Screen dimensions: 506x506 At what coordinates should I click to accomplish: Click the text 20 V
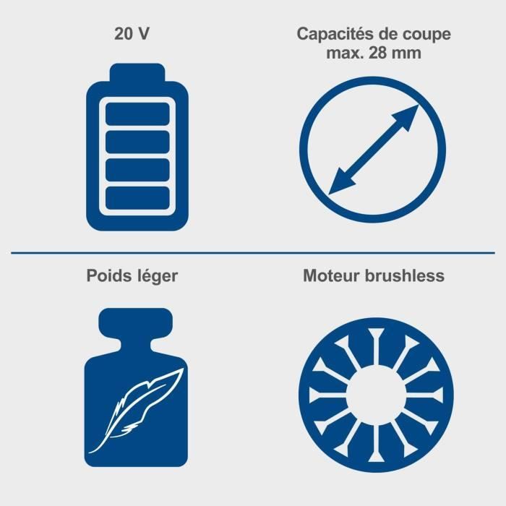(x=132, y=34)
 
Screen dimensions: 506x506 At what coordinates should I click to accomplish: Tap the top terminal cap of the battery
(x=137, y=72)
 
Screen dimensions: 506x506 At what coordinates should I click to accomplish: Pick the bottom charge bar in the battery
(x=137, y=197)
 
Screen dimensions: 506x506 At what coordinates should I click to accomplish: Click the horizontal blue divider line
(x=253, y=253)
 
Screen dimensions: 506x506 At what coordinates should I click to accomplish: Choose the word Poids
(x=107, y=276)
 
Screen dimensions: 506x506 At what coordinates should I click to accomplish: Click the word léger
(x=155, y=277)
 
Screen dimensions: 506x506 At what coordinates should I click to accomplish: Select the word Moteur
(x=330, y=276)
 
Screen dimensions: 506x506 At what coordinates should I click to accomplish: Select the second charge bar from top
(x=137, y=142)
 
